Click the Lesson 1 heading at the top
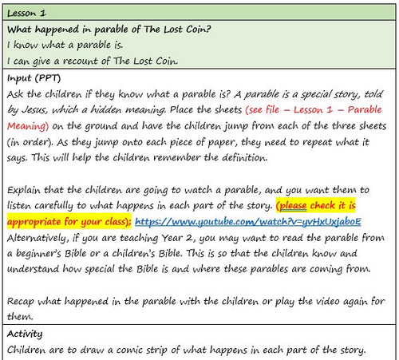tap(26, 14)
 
